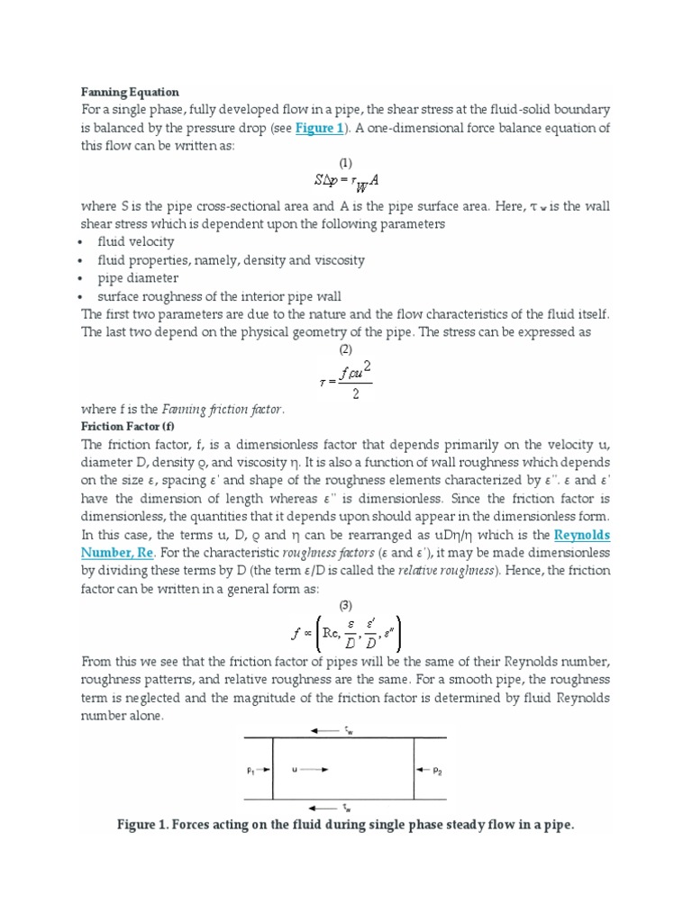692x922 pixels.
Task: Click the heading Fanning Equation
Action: coord(130,92)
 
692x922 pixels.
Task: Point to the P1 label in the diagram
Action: coord(251,770)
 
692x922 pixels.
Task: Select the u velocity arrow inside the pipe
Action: coord(311,770)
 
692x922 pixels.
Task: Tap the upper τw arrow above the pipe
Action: coord(338,731)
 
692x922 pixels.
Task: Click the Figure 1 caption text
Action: coord(345,825)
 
